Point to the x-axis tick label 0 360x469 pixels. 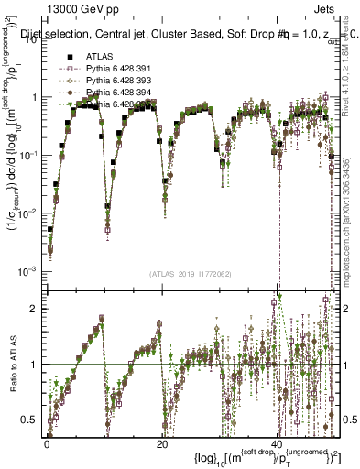click(x=48, y=443)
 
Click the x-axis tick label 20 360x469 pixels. click(x=161, y=443)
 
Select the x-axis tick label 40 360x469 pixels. click(x=277, y=443)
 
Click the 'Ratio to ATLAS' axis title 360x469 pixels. click(x=12, y=364)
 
